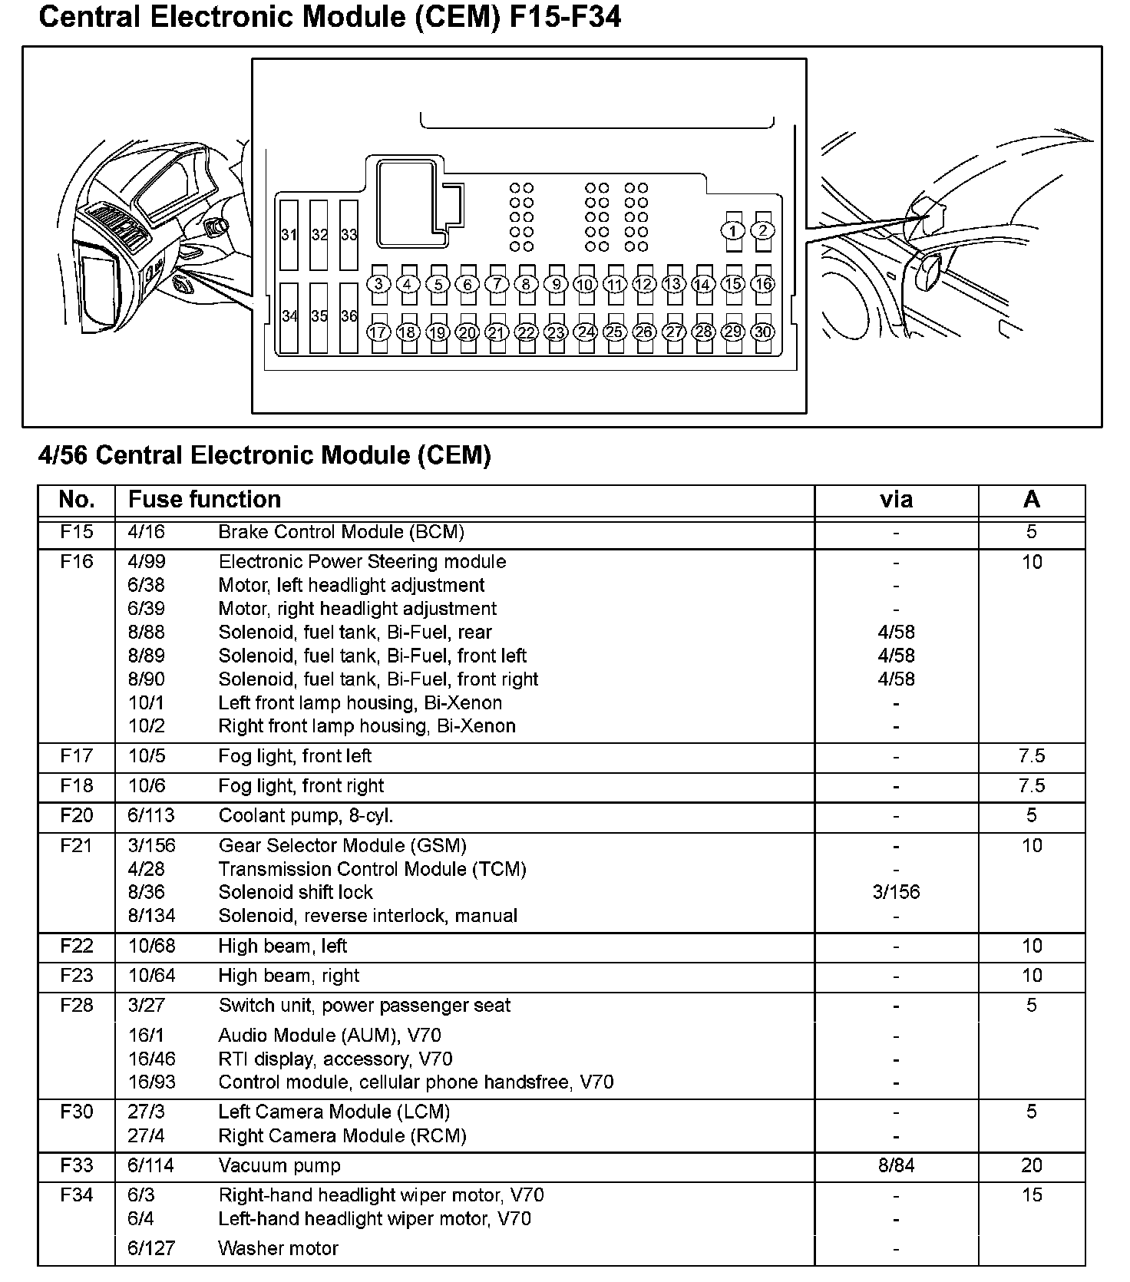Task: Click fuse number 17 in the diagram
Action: (x=378, y=332)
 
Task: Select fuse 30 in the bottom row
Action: (x=762, y=332)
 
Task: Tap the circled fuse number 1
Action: (x=733, y=230)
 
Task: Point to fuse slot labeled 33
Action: (x=349, y=235)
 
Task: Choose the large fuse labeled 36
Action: (x=349, y=316)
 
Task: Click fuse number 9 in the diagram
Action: (x=556, y=284)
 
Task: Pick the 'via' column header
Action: (x=896, y=500)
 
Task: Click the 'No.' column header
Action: (x=77, y=500)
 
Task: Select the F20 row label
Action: (x=77, y=815)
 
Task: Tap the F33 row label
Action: (x=77, y=1165)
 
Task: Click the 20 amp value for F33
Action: (x=1031, y=1165)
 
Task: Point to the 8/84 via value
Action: (x=896, y=1165)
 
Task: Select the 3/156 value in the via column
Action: (x=896, y=892)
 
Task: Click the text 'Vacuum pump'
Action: (x=279, y=1165)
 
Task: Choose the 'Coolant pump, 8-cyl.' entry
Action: (x=306, y=815)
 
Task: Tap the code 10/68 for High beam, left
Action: (x=151, y=946)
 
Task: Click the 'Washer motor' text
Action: (x=278, y=1248)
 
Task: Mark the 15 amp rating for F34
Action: (x=1032, y=1195)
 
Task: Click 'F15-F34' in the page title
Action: (x=565, y=18)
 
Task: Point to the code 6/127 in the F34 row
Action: (x=151, y=1248)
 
